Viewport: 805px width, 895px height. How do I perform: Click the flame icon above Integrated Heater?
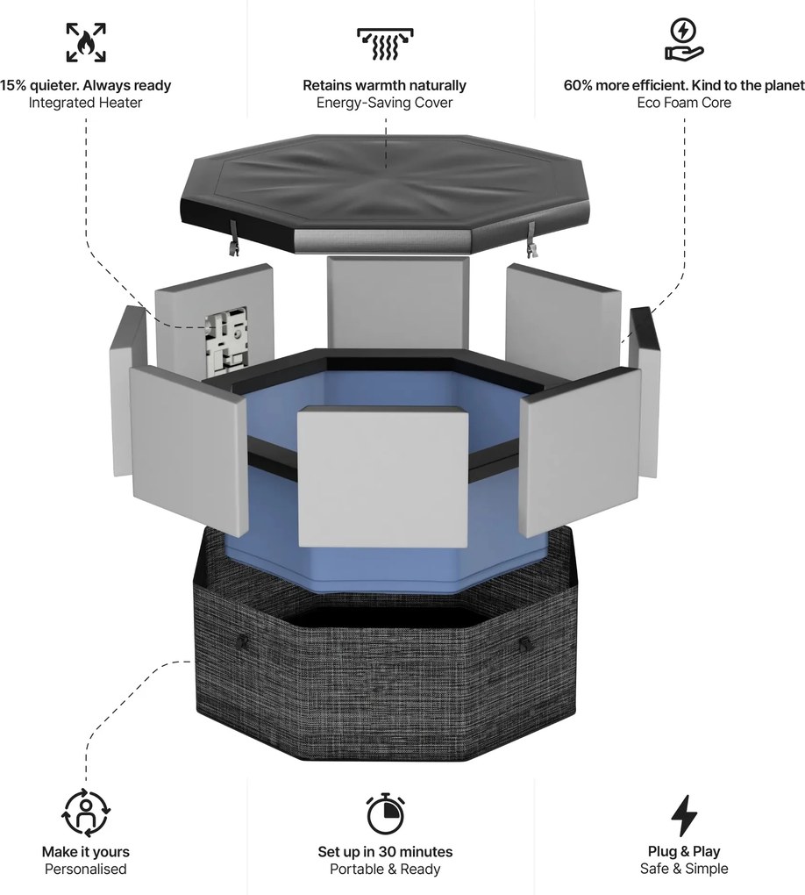[x=86, y=42]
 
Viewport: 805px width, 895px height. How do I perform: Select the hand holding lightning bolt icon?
[x=684, y=39]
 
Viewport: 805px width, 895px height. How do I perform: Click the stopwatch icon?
[x=385, y=813]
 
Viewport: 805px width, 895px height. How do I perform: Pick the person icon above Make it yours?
[x=86, y=813]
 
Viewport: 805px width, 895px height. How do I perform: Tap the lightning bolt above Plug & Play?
[x=684, y=816]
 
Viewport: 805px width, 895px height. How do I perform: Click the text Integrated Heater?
[x=86, y=103]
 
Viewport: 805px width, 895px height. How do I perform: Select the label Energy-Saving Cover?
[x=385, y=103]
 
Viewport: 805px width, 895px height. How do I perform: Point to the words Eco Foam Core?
[x=684, y=103]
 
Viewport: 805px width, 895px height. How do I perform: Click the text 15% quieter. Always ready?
[x=86, y=86]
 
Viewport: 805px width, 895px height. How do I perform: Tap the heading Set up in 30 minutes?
[x=385, y=852]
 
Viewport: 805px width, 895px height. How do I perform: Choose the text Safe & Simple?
[x=684, y=869]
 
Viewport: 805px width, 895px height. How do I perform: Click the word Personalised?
[x=86, y=870]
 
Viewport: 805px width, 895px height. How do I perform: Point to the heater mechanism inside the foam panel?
[x=226, y=342]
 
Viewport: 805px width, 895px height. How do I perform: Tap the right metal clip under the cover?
[x=532, y=240]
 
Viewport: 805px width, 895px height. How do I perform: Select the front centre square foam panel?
[x=383, y=477]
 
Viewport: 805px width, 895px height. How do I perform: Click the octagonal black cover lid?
[x=384, y=192]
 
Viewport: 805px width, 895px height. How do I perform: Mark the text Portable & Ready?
[x=385, y=870]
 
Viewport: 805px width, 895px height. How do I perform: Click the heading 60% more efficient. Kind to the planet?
[x=684, y=86]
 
